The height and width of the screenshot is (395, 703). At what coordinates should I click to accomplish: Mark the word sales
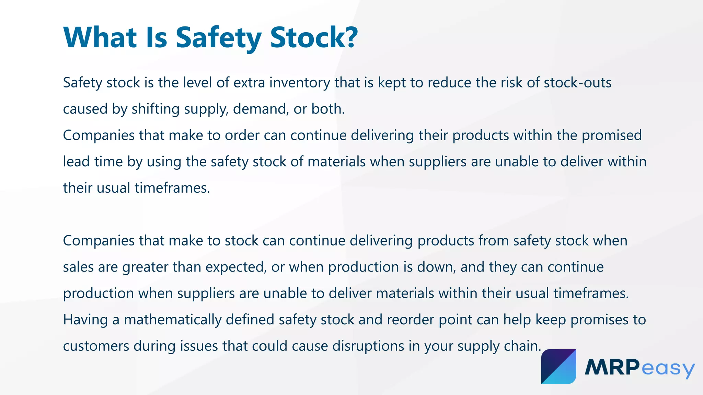[78, 267]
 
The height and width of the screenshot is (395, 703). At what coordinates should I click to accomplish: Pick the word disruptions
[368, 346]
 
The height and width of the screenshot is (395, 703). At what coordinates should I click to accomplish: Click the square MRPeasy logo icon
[558, 367]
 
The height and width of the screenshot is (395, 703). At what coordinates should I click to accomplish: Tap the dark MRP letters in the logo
[612, 367]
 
